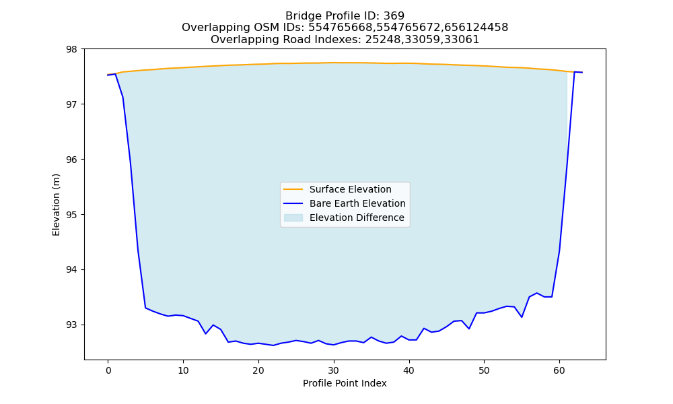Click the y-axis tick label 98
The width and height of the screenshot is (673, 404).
pos(72,49)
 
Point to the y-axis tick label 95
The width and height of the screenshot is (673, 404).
pos(72,215)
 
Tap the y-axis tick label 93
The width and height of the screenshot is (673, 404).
pos(72,325)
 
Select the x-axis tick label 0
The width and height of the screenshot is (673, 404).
pos(108,370)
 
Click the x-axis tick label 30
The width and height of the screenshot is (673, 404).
pos(334,370)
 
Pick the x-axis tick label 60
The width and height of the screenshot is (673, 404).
pos(559,370)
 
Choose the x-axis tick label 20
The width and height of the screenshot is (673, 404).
pos(258,370)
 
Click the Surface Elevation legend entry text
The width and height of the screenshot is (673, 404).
pos(350,189)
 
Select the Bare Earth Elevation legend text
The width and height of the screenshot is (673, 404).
pos(357,203)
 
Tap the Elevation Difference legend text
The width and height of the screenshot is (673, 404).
pos(357,217)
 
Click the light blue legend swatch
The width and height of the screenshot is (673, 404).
pos(293,217)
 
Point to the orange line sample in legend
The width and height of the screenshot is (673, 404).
pos(293,189)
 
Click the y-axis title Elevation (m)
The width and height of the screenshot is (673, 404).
pos(56,205)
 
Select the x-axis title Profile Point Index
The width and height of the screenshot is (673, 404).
pos(345,383)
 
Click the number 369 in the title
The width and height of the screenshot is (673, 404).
pos(394,16)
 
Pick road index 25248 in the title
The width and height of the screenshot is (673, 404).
pos(380,40)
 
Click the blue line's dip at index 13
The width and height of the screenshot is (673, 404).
pos(205,333)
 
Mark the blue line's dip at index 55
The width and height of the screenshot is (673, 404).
pos(522,317)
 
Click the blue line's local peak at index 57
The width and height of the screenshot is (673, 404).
pos(536,293)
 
